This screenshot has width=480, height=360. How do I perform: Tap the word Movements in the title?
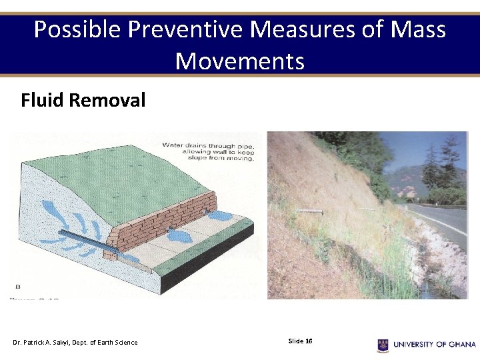click(x=239, y=61)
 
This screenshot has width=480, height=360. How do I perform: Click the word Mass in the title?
click(x=418, y=30)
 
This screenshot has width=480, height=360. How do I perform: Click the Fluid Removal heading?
click(x=83, y=101)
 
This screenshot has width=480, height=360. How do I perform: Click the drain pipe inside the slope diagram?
click(x=84, y=238)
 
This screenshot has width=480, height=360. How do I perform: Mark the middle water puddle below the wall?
click(x=179, y=235)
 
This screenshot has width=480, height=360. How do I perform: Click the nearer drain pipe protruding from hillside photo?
click(x=309, y=211)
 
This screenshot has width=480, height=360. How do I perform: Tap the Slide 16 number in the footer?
click(x=300, y=341)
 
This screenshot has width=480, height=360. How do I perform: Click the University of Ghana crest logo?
click(x=383, y=345)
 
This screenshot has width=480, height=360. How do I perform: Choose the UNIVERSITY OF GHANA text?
click(x=434, y=345)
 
